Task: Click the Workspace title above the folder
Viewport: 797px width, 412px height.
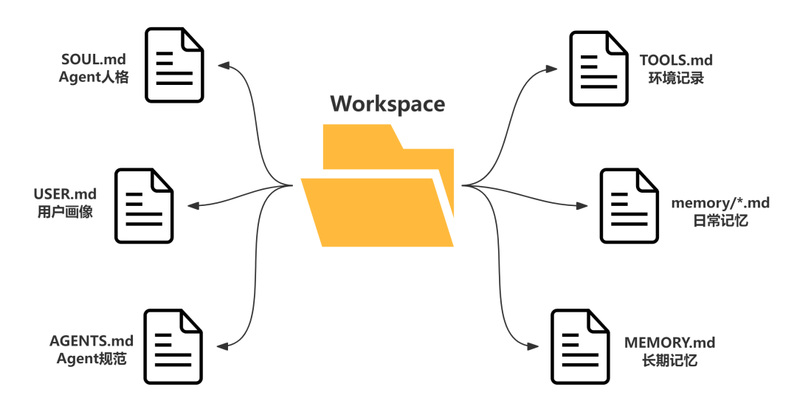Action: [x=388, y=104]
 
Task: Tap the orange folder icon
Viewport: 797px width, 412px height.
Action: [x=377, y=185]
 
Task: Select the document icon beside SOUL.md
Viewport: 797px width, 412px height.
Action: [x=174, y=65]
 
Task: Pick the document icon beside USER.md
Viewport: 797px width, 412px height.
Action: [x=145, y=205]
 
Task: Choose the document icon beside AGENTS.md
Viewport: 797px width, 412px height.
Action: [x=173, y=346]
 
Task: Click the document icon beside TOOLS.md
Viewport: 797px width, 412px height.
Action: [x=598, y=69]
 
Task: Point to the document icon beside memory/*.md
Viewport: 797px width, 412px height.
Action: [x=629, y=205]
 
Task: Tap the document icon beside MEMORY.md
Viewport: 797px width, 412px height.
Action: [x=581, y=346]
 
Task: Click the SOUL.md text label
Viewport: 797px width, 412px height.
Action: [x=94, y=60]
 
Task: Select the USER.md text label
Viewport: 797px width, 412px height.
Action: [x=65, y=193]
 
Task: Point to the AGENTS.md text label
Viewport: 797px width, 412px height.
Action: [x=92, y=340]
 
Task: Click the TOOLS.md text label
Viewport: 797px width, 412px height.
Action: [x=676, y=60]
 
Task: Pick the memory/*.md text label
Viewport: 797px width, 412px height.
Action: [x=720, y=202]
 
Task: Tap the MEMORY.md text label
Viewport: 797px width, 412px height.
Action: [x=669, y=343]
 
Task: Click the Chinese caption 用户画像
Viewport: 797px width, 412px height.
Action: [x=65, y=212]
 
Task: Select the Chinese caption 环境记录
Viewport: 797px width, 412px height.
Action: [x=676, y=78]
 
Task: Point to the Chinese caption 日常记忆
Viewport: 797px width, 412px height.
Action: [x=720, y=221]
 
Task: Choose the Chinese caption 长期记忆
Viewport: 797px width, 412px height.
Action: [x=669, y=360]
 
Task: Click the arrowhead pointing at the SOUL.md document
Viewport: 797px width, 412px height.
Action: [x=224, y=66]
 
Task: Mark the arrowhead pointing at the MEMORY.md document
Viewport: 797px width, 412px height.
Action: [x=532, y=346]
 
